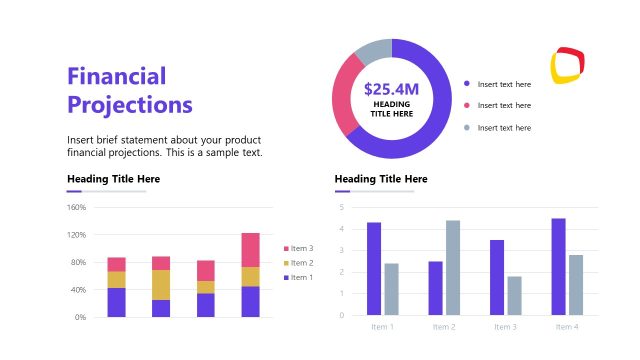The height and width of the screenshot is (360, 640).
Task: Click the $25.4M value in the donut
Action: [x=391, y=89]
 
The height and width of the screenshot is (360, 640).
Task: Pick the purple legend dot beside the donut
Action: [x=466, y=84]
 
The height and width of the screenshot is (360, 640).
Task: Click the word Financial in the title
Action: [x=116, y=76]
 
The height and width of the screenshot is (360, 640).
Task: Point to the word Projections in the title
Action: [x=130, y=104]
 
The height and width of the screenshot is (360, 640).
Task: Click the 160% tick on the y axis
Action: [x=76, y=208]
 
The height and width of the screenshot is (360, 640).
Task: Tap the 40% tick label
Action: [x=78, y=290]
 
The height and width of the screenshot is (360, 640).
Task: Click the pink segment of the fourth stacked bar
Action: [x=250, y=250]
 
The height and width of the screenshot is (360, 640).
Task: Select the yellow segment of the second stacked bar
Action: [x=161, y=285]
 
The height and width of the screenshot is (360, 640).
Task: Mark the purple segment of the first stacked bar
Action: [x=117, y=302]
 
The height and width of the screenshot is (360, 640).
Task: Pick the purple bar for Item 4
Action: [x=558, y=267]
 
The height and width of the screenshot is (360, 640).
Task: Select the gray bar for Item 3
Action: [x=514, y=296]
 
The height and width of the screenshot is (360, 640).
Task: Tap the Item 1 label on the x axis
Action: [x=382, y=327]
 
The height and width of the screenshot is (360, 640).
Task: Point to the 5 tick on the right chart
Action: [x=342, y=208]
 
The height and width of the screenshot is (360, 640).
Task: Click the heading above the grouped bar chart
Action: [x=380, y=179]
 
